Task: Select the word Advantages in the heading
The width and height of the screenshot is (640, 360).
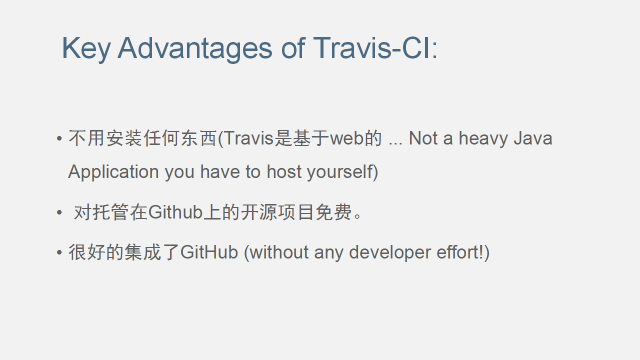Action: pyautogui.click(x=194, y=49)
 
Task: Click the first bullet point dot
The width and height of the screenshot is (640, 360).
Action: pyautogui.click(x=59, y=138)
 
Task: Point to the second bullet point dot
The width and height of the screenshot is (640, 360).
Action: pyautogui.click(x=59, y=212)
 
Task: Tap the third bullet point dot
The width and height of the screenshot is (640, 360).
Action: pyautogui.click(x=59, y=252)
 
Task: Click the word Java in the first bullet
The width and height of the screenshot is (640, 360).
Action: pyautogui.click(x=533, y=138)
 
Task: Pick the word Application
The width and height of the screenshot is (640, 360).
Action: pyautogui.click(x=113, y=172)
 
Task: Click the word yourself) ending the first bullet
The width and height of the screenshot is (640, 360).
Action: pyautogui.click(x=342, y=172)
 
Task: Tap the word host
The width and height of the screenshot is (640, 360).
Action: pyautogui.click(x=284, y=171)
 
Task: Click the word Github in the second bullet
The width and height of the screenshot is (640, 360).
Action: pyautogui.click(x=175, y=212)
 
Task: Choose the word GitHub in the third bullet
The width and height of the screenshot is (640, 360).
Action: pyautogui.click(x=209, y=252)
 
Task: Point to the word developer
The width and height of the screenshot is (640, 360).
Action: pyautogui.click(x=389, y=253)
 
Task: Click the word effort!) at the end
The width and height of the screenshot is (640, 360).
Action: pyautogui.click(x=463, y=252)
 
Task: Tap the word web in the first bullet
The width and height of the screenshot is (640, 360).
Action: pyautogui.click(x=346, y=138)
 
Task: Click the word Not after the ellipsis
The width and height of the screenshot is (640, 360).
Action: pyautogui.click(x=423, y=138)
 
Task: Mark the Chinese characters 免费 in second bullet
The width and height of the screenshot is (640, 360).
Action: pyautogui.click(x=333, y=212)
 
